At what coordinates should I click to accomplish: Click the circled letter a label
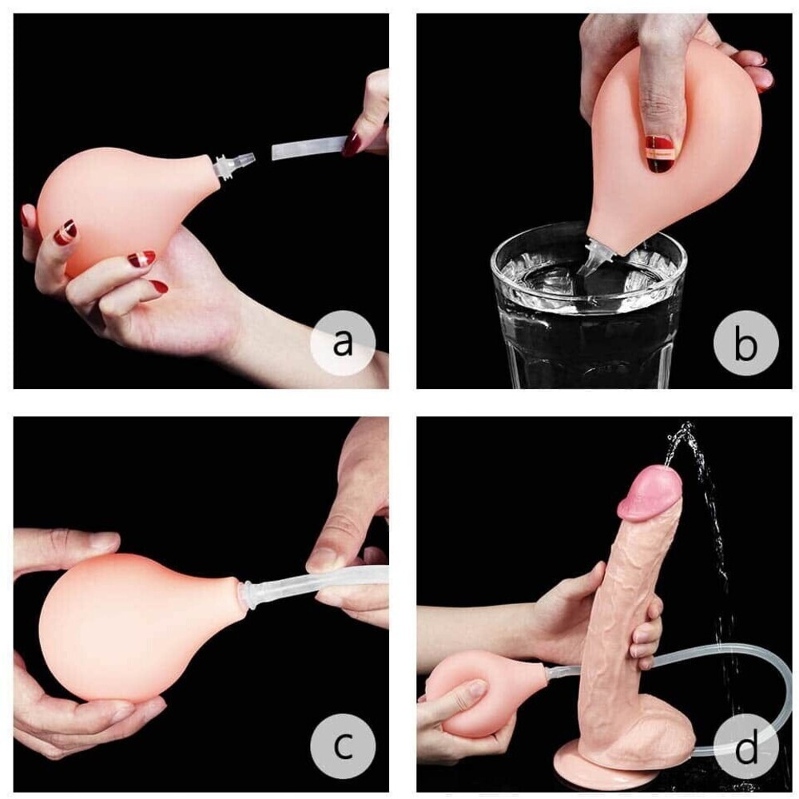(x=343, y=343)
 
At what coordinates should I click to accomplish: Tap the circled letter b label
(x=746, y=343)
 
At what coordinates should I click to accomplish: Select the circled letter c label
(x=343, y=746)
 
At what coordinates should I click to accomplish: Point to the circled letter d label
(x=746, y=746)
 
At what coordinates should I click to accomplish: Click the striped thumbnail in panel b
(x=661, y=153)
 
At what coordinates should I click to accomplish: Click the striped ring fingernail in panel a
(x=66, y=233)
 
